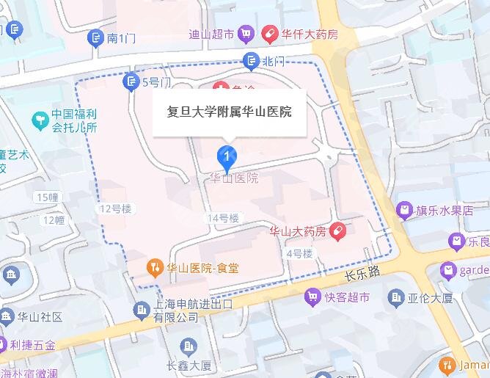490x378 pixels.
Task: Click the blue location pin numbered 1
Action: pyautogui.click(x=228, y=156)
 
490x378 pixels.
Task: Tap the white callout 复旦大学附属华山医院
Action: pyautogui.click(x=230, y=112)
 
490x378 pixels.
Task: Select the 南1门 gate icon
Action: pyautogui.click(x=95, y=38)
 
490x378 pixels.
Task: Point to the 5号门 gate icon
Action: pyautogui.click(x=131, y=81)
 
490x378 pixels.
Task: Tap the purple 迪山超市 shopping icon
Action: pyautogui.click(x=246, y=34)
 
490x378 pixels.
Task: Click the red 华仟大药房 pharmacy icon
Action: pyautogui.click(x=269, y=34)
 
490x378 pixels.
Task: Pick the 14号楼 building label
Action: pyautogui.click(x=224, y=218)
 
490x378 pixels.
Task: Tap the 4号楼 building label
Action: pyautogui.click(x=299, y=253)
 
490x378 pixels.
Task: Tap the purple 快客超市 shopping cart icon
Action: pyautogui.click(x=313, y=297)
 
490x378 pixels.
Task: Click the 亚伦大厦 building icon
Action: pyautogui.click(x=397, y=297)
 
